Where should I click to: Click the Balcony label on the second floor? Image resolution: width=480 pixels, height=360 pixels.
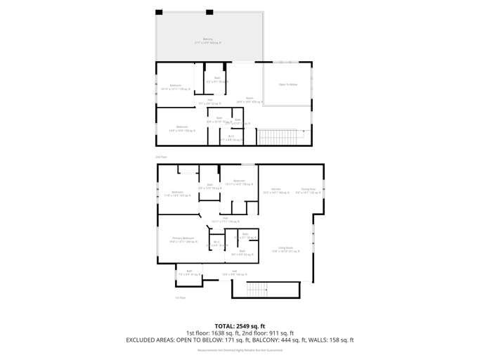(x=208, y=39)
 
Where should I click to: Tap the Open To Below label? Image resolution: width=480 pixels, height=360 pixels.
(x=288, y=84)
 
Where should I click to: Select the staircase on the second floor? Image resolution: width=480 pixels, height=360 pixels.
(x=275, y=136)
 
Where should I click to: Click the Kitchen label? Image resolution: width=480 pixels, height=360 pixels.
(x=276, y=189)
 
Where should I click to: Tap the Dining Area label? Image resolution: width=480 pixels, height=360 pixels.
(x=308, y=189)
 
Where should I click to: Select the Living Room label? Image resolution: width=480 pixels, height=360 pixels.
(x=285, y=247)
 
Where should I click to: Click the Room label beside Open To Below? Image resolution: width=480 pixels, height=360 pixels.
(x=249, y=98)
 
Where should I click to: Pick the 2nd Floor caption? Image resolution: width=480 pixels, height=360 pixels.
(x=160, y=157)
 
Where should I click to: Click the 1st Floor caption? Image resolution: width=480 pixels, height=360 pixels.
(x=181, y=297)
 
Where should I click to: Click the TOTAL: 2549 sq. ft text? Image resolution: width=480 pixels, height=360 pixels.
(x=240, y=326)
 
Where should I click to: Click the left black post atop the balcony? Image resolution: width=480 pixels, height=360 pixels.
(x=159, y=12)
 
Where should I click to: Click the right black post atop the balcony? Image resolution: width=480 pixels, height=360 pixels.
(x=209, y=12)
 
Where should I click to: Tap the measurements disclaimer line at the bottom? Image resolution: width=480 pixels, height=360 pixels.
(x=240, y=349)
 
